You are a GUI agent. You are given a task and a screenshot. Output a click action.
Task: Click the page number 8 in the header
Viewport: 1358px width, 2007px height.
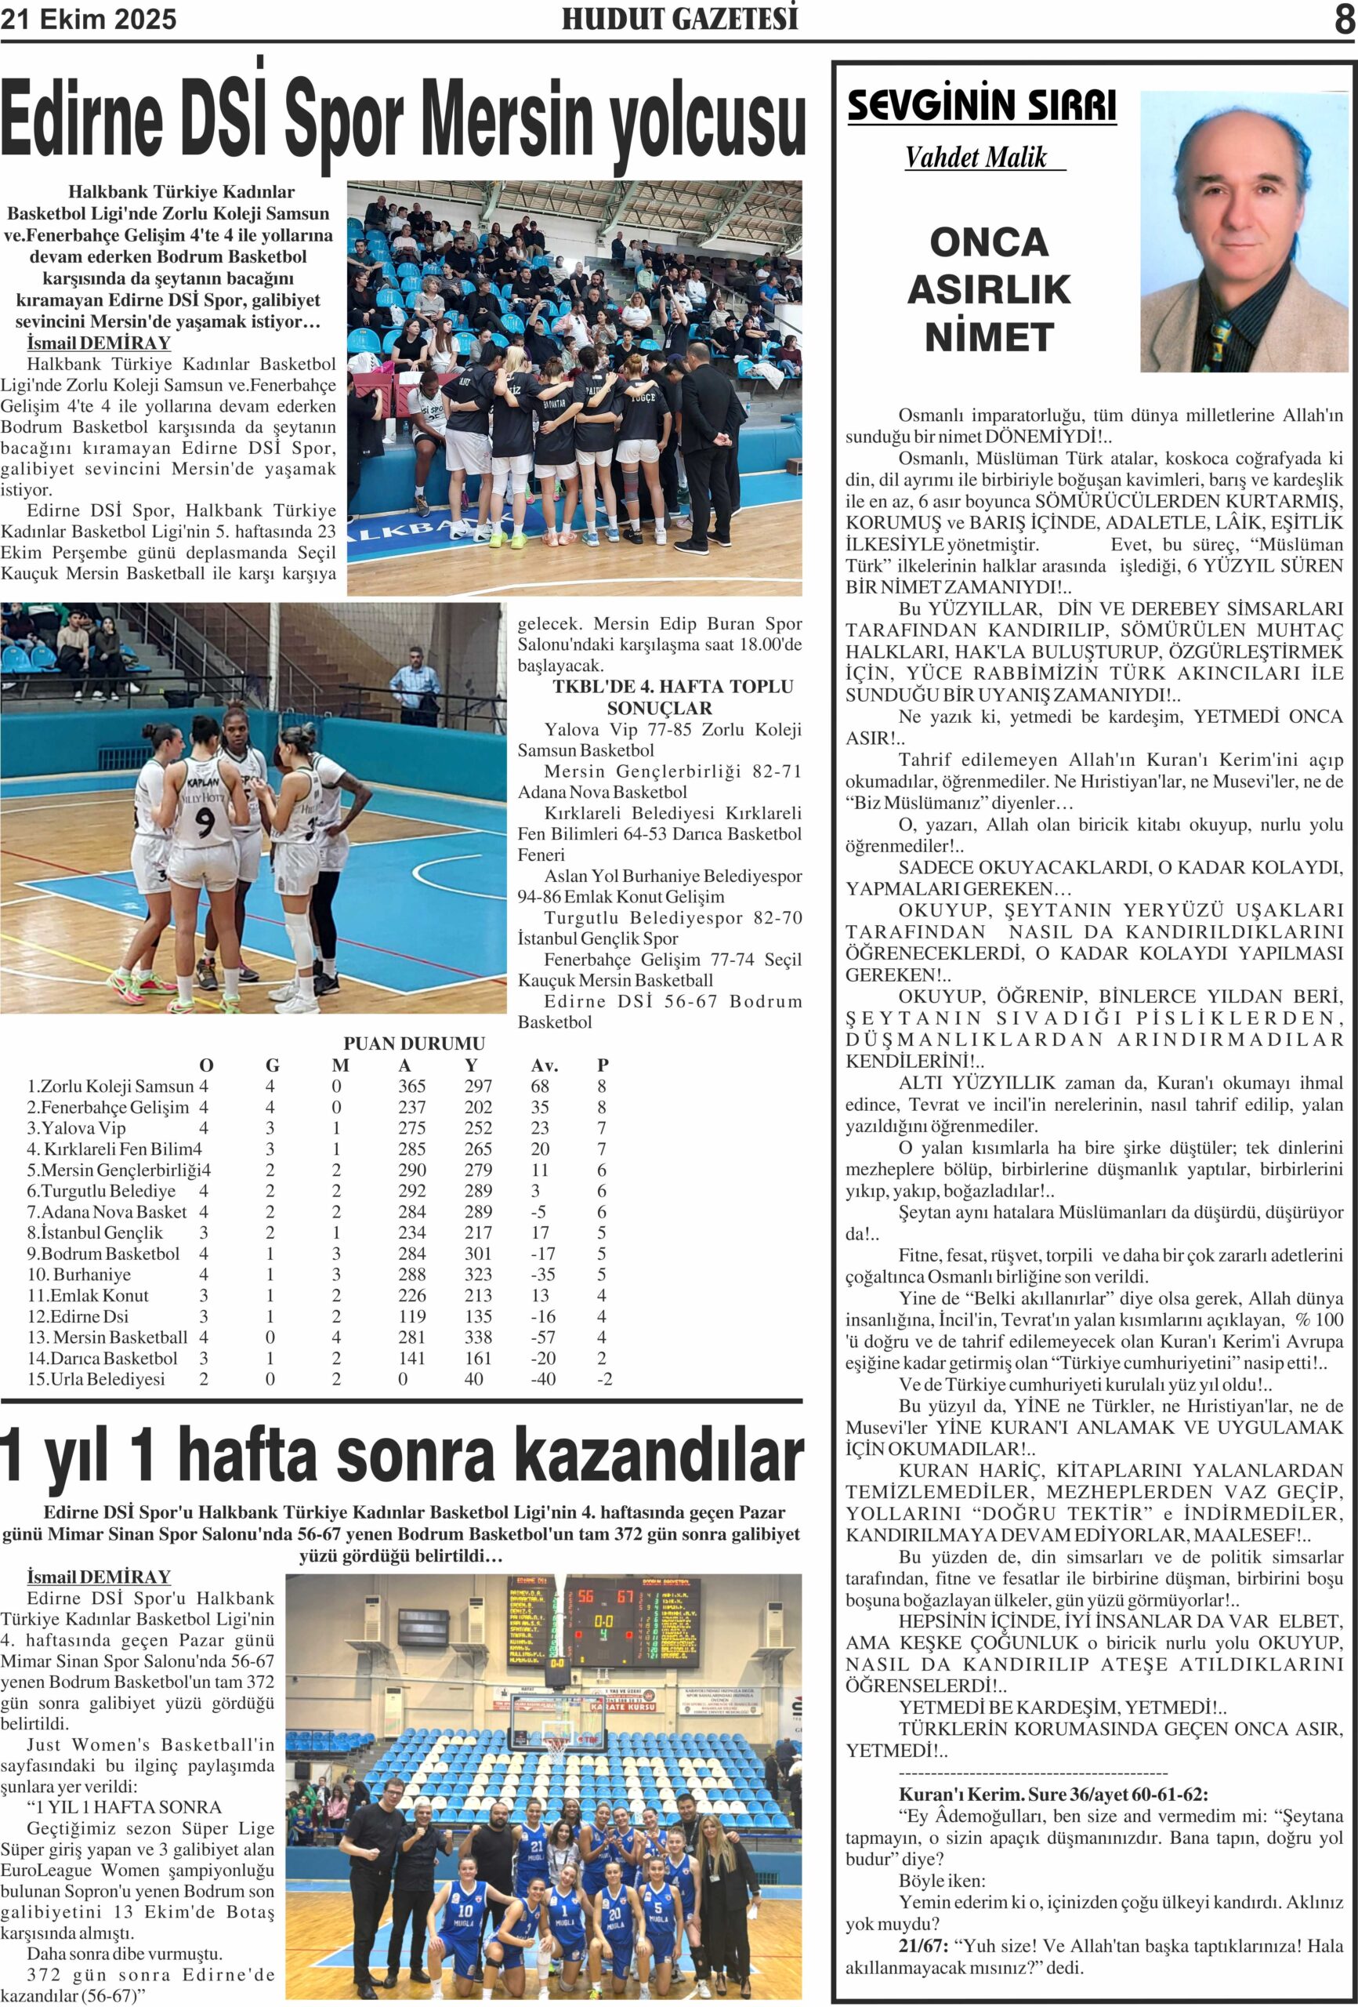point(1344,19)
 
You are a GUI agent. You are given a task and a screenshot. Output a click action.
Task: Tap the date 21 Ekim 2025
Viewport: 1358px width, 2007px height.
point(88,19)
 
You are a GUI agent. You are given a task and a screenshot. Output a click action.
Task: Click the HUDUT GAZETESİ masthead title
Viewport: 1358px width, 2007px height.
point(679,19)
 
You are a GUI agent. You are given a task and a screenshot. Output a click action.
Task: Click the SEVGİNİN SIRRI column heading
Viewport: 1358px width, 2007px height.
point(982,105)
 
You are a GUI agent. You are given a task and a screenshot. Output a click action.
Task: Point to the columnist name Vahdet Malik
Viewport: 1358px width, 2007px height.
point(976,157)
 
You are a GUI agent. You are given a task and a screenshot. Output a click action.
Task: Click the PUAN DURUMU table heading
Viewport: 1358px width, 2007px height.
point(415,1043)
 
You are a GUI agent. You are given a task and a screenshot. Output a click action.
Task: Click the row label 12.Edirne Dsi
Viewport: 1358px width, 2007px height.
point(78,1316)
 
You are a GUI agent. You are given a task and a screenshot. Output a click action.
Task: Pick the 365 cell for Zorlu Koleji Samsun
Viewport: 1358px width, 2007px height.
point(412,1087)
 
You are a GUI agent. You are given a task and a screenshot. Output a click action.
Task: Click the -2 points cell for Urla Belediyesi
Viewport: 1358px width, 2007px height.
point(604,1379)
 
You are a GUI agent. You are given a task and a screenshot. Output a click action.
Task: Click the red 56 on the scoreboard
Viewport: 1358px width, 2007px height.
point(586,1597)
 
